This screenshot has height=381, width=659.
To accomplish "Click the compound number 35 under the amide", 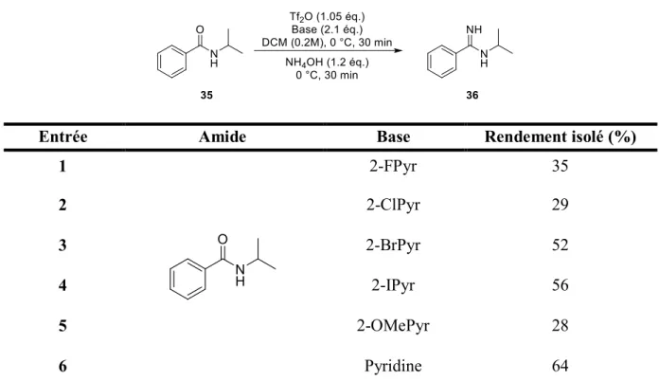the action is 206,95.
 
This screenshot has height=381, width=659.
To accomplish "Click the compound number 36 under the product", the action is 472,95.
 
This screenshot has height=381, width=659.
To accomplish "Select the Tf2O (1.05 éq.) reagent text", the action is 327,17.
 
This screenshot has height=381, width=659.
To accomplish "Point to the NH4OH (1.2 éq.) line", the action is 327,63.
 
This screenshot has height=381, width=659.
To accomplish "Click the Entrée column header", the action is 63,136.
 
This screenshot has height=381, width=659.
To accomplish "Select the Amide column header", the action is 223,136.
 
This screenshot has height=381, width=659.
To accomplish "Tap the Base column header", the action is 393,136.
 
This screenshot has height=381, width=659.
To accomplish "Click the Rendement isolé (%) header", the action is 561,136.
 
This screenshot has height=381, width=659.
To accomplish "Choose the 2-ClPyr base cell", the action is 393,206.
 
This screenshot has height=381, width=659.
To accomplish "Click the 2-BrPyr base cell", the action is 393,245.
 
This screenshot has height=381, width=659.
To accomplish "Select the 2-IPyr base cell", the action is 393,285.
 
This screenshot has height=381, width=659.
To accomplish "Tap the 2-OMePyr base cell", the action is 393,326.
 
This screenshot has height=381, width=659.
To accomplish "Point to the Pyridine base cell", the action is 393,366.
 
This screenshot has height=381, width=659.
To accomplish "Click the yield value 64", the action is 561,366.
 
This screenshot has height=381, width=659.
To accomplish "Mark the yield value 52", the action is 561,245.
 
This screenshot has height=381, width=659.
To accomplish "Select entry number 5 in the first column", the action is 62,326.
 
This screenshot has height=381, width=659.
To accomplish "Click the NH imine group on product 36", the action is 474,30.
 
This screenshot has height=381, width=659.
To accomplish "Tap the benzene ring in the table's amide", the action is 187,279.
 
